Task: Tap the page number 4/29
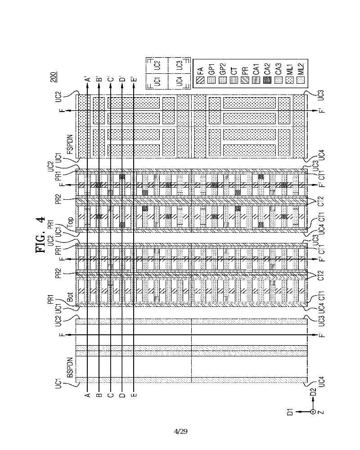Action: coord(180,432)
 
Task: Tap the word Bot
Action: coord(70,297)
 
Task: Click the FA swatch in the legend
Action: coord(200,81)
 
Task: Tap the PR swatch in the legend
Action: coord(245,81)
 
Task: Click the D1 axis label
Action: coord(291,411)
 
